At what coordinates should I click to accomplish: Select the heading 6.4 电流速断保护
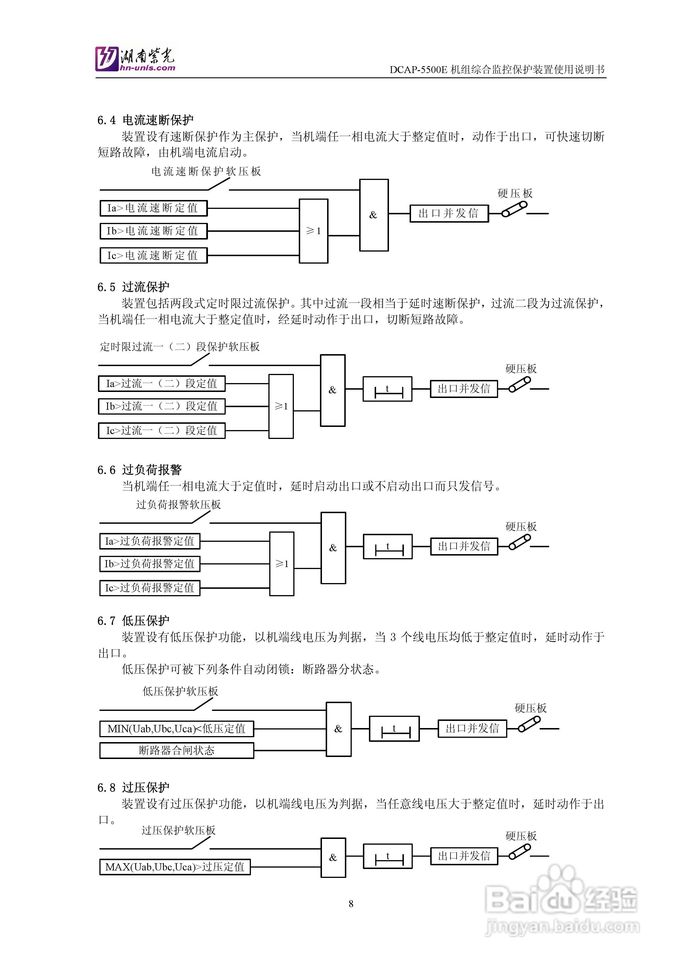(146, 120)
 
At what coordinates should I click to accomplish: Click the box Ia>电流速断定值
(153, 208)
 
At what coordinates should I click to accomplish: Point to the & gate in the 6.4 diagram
(374, 215)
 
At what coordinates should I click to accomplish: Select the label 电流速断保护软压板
(206, 171)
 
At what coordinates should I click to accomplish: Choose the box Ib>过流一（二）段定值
(161, 406)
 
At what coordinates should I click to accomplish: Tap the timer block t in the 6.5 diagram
(387, 389)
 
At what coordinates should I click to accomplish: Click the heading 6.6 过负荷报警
(139, 470)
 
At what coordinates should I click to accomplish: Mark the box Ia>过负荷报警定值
(150, 541)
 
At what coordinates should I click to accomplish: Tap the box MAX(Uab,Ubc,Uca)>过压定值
(175, 867)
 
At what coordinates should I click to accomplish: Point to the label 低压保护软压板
(180, 691)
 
